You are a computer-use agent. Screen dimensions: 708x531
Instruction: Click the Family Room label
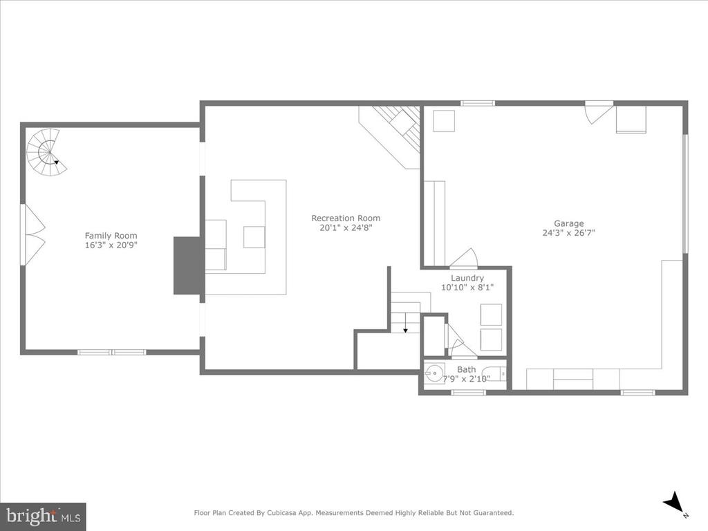(x=111, y=236)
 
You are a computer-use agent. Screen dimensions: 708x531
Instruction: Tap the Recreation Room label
(x=346, y=218)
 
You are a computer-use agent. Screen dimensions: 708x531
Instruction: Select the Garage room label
(x=569, y=223)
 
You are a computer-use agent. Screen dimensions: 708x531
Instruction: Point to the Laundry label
(x=467, y=278)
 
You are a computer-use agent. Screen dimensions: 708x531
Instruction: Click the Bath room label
(x=467, y=369)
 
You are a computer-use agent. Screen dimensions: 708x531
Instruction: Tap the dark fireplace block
(x=187, y=266)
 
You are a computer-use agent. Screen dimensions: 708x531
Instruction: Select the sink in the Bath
(x=434, y=373)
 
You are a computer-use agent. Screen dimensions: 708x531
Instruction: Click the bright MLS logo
(x=44, y=516)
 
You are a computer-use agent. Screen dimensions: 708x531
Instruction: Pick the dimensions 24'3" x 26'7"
(x=569, y=233)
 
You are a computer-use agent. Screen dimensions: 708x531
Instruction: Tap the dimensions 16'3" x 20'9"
(x=111, y=245)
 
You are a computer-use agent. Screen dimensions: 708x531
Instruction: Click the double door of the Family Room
(x=32, y=234)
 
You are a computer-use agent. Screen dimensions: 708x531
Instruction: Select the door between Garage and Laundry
(x=464, y=259)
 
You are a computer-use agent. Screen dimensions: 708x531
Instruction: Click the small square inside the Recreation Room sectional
(x=254, y=237)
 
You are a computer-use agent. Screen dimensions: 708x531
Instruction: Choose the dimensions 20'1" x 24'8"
(x=346, y=227)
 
